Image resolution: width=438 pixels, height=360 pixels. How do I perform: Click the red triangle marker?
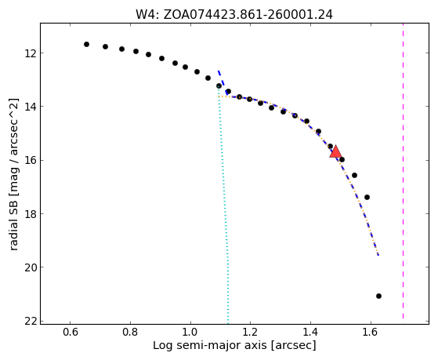point(335,151)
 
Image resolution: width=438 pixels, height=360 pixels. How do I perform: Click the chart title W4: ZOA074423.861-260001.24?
point(234,15)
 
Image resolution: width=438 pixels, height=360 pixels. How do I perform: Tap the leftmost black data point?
point(87,44)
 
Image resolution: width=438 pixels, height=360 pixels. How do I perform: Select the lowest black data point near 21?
point(378,296)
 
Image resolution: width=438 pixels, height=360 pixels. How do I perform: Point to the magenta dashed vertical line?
point(403,171)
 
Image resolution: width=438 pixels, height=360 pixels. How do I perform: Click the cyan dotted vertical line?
point(223,204)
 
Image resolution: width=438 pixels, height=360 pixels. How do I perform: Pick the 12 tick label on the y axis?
point(31,53)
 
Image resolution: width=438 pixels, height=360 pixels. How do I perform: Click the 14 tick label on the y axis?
point(31,107)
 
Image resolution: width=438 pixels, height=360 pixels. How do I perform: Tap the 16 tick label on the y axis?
point(31,160)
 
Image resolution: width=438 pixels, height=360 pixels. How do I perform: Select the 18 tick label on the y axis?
point(31,213)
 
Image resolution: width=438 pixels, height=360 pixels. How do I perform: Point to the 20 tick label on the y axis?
point(31,267)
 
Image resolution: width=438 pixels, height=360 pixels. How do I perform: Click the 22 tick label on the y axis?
point(31,321)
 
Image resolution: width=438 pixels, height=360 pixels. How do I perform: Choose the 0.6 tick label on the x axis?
point(70,333)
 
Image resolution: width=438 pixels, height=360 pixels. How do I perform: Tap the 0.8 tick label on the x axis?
point(130,333)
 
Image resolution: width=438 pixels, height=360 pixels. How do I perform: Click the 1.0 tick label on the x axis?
point(190,333)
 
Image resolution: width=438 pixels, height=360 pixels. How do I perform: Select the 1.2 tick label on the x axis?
point(250,333)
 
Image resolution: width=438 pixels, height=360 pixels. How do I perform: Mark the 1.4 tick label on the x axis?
point(310,333)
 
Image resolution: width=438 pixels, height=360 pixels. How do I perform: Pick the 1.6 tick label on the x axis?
point(371,333)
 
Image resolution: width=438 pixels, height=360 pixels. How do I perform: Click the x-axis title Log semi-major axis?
point(210,346)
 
